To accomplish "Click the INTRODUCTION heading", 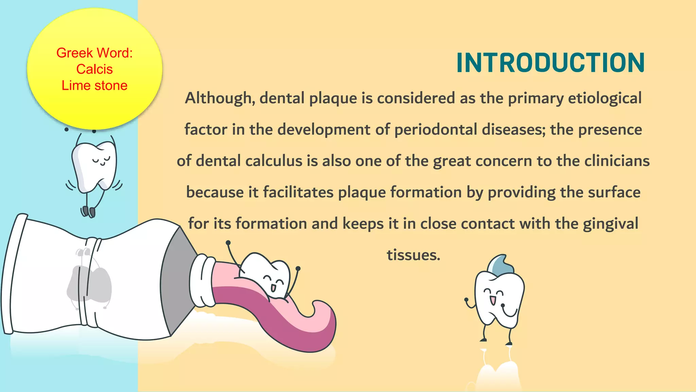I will [x=550, y=63].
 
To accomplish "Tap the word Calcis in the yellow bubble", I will [x=94, y=69].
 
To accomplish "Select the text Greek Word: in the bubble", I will [x=94, y=53].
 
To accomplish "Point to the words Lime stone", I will [x=94, y=85].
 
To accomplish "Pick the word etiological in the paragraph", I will [x=605, y=98].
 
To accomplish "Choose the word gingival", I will [x=610, y=224].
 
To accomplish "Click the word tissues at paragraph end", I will [x=413, y=255].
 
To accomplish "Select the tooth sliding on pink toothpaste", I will [x=268, y=276].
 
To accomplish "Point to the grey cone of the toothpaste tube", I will [x=177, y=279].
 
